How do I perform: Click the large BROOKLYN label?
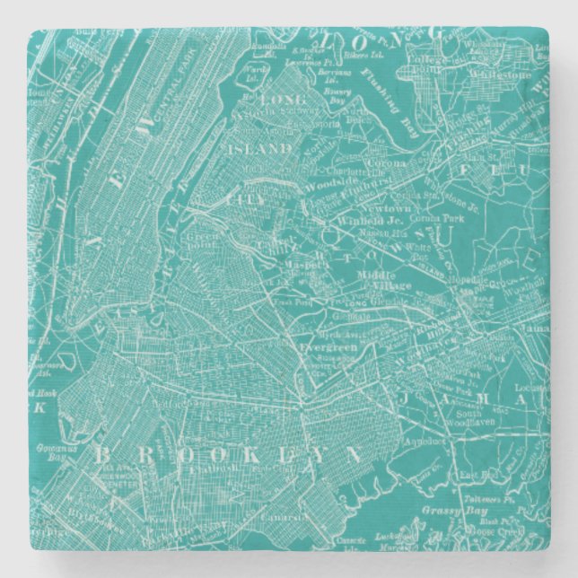229,454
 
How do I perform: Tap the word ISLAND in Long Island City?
267,148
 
